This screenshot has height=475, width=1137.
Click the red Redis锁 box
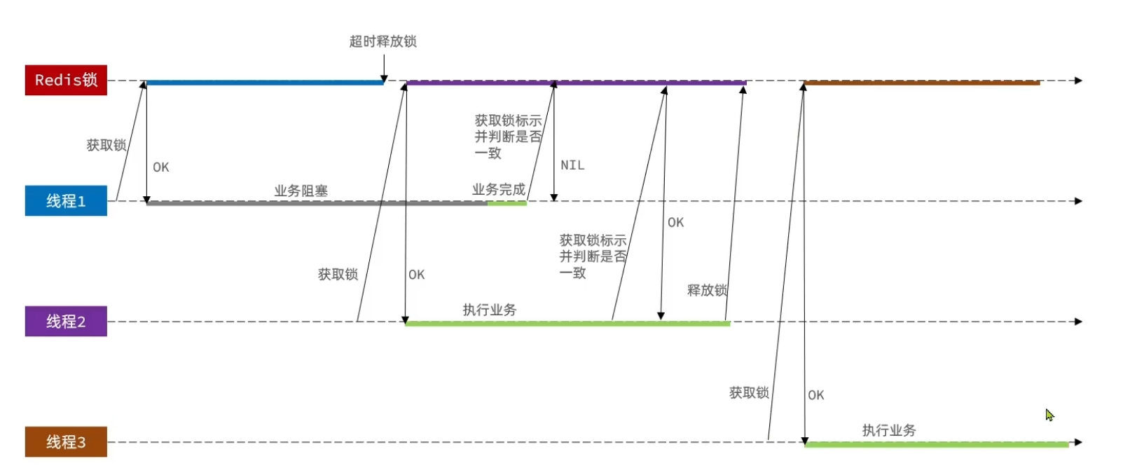[66, 80]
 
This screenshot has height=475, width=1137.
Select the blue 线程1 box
[66, 201]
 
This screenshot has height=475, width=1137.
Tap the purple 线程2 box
[66, 322]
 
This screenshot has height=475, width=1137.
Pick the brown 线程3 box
[66, 442]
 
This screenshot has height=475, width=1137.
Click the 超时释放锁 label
[383, 41]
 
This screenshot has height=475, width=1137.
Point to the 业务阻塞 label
[301, 191]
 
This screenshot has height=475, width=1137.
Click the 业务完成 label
[498, 189]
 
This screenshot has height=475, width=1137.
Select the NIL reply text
[572, 165]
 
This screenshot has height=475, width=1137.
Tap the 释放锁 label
[706, 290]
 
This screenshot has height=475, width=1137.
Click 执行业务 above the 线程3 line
[888, 430]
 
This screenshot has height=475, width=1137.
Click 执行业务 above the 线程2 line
[489, 310]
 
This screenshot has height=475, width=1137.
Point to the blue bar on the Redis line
[265, 83]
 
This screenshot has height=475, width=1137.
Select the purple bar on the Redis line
[576, 83]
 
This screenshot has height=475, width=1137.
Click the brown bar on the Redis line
[921, 83]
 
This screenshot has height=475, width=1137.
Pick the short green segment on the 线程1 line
[507, 203]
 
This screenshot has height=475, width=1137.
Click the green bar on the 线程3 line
[937, 444]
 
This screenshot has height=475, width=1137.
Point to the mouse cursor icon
[1049, 415]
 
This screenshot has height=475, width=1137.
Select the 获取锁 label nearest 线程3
[748, 393]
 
